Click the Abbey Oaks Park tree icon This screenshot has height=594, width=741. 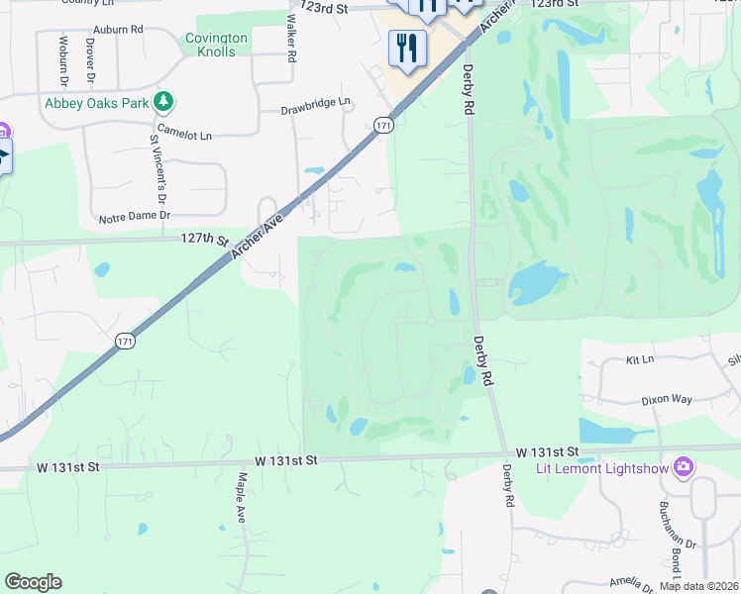(x=164, y=102)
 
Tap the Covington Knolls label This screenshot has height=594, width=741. (x=216, y=45)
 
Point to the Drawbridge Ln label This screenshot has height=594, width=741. (x=316, y=102)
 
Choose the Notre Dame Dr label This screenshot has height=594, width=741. (x=135, y=215)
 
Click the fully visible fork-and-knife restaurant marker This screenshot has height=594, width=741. (x=407, y=49)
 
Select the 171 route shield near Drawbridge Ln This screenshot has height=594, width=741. (x=384, y=125)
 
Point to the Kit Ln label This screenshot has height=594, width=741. (x=641, y=359)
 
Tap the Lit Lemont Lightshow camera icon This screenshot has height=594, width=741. (x=683, y=466)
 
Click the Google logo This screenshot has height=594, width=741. (x=33, y=582)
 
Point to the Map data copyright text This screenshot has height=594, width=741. (x=699, y=586)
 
